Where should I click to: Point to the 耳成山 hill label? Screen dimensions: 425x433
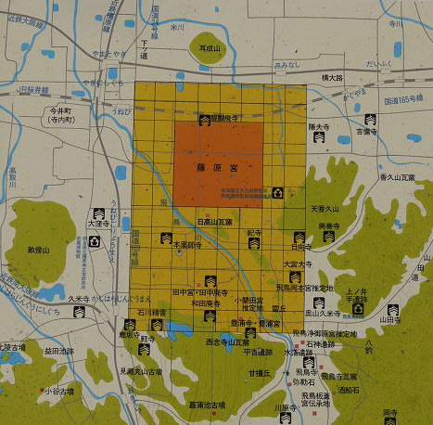[x=211, y=44]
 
